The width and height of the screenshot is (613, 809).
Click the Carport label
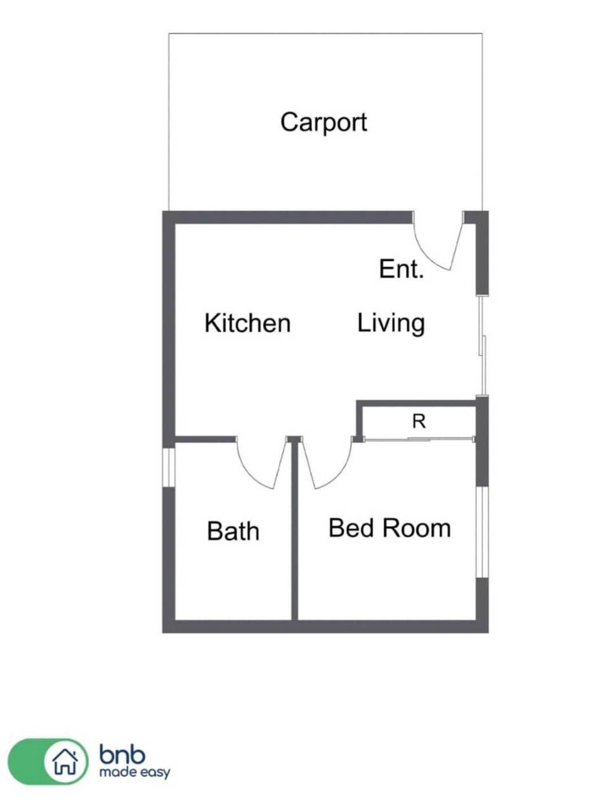point(324,122)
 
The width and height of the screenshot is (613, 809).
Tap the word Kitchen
point(247,323)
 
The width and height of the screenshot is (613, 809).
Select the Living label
point(391,323)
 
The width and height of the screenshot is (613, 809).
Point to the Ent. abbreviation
point(401,269)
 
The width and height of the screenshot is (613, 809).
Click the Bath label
point(233,531)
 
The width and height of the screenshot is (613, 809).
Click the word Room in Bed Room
point(417,528)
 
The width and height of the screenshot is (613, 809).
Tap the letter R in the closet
point(419,421)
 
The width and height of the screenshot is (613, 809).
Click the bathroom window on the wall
point(168,467)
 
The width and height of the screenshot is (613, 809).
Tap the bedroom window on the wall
point(482,532)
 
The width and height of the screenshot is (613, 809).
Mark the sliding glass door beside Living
point(482,346)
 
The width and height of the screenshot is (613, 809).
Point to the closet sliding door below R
point(419,439)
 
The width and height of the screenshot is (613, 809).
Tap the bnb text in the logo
point(122,755)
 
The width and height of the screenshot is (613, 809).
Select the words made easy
point(134,773)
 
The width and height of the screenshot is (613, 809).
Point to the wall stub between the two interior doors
point(294,439)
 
